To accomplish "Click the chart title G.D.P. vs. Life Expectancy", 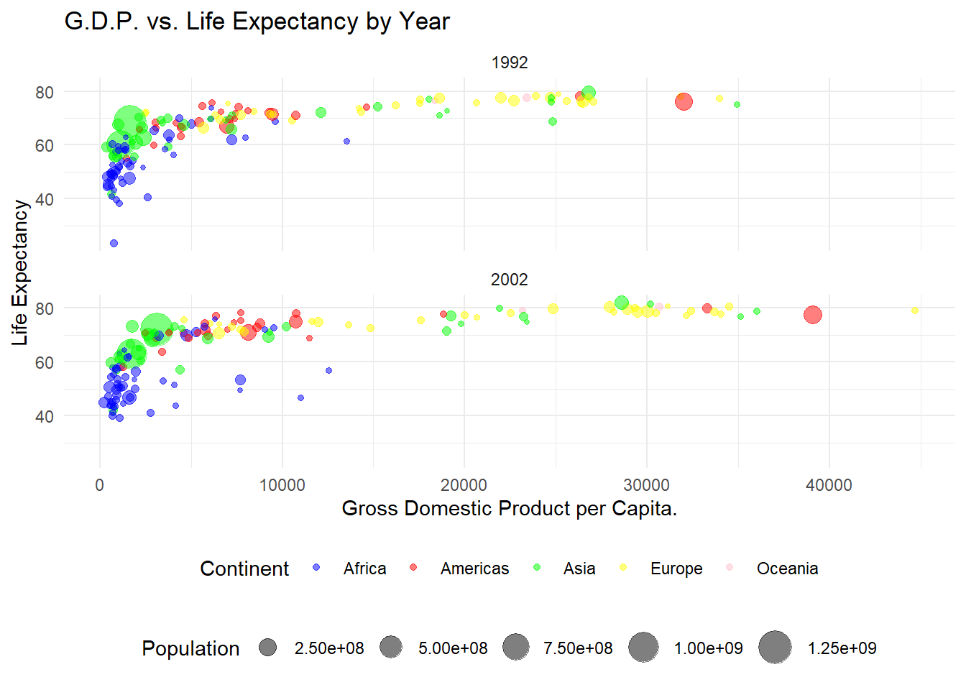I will [257, 22].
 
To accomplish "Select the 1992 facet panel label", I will [510, 63].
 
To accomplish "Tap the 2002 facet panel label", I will [510, 280].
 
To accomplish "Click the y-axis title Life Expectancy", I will [20, 272].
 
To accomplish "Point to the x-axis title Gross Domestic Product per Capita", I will [509, 508].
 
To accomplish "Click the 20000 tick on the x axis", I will [464, 485].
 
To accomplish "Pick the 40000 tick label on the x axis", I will [829, 485].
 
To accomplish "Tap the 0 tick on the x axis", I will [100, 485].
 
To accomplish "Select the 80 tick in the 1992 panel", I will [45, 92].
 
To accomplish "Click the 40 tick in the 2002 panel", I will [45, 416].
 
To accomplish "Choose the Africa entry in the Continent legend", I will [364, 569].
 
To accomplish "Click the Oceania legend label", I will [787, 569].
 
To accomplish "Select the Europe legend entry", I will [676, 569].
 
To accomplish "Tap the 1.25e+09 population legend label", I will [842, 648].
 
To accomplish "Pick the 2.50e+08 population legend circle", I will [268, 648].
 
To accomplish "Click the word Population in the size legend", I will [190, 648].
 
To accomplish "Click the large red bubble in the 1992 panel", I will [684, 101].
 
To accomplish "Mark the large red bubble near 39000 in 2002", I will [812, 315].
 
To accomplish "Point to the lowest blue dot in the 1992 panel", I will [114, 244].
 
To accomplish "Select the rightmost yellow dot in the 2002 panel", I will [915, 310].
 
